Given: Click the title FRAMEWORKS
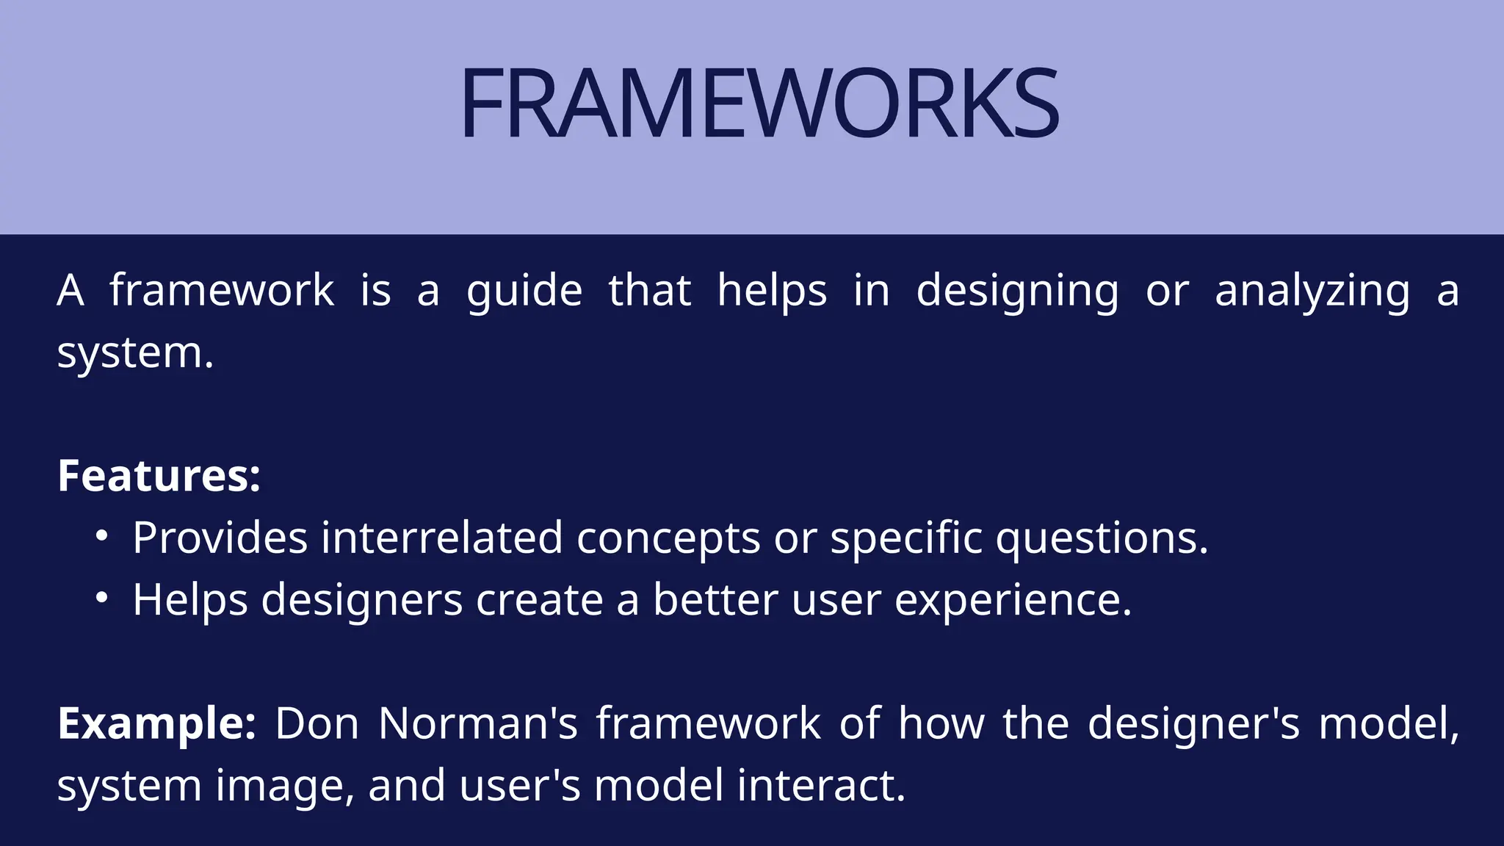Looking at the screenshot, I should pyautogui.click(x=759, y=104).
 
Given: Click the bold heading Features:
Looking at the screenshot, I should pyautogui.click(x=159, y=476).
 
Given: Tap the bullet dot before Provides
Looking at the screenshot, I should pyautogui.click(x=101, y=537).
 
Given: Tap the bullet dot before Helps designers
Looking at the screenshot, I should pyautogui.click(x=101, y=599).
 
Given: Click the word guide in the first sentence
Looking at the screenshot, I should pyautogui.click(x=524, y=291).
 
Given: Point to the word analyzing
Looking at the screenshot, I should pyautogui.click(x=1312, y=291).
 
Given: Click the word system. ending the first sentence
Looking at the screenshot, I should pyautogui.click(x=135, y=353).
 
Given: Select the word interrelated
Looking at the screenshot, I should pyautogui.click(x=441, y=538).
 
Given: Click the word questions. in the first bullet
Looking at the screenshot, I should pyautogui.click(x=1102, y=538).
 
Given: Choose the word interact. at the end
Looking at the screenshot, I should pyautogui.click(x=821, y=785).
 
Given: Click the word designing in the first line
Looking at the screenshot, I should pyautogui.click(x=1017, y=291).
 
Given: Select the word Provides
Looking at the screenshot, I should pyautogui.click(x=220, y=538).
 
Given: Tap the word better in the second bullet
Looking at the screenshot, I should pyautogui.click(x=715, y=600).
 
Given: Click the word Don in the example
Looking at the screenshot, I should pyautogui.click(x=317, y=723).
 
